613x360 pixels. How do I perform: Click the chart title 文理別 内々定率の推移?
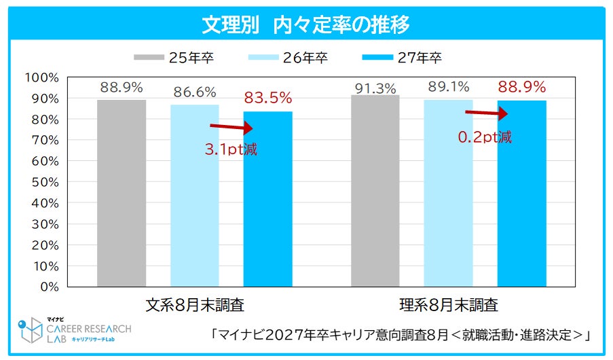click(305, 24)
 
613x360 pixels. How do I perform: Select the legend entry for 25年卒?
click(174, 58)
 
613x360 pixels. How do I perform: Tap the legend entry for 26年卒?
click(288, 58)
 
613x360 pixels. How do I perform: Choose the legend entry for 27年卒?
click(402, 58)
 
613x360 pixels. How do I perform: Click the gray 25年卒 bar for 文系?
click(122, 194)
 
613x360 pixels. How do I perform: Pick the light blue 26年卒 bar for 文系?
click(195, 196)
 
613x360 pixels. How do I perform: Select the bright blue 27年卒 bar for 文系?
click(267, 199)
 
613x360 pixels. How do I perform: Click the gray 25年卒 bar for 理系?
click(375, 191)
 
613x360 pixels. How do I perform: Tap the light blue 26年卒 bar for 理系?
click(449, 193)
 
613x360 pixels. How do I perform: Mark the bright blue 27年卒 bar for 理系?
click(521, 194)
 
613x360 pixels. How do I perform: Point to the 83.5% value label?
click(267, 98)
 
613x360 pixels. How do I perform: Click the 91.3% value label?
click(375, 89)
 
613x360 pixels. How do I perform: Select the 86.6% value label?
click(195, 92)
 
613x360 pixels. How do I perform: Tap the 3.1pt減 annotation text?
click(231, 149)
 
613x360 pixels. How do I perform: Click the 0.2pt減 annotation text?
click(485, 137)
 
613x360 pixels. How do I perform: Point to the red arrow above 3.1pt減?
click(231, 127)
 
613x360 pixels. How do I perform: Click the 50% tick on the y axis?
click(45, 182)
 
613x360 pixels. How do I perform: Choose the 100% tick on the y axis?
click(42, 77)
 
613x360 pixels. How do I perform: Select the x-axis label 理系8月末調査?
click(449, 305)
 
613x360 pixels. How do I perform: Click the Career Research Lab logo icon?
click(30, 330)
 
